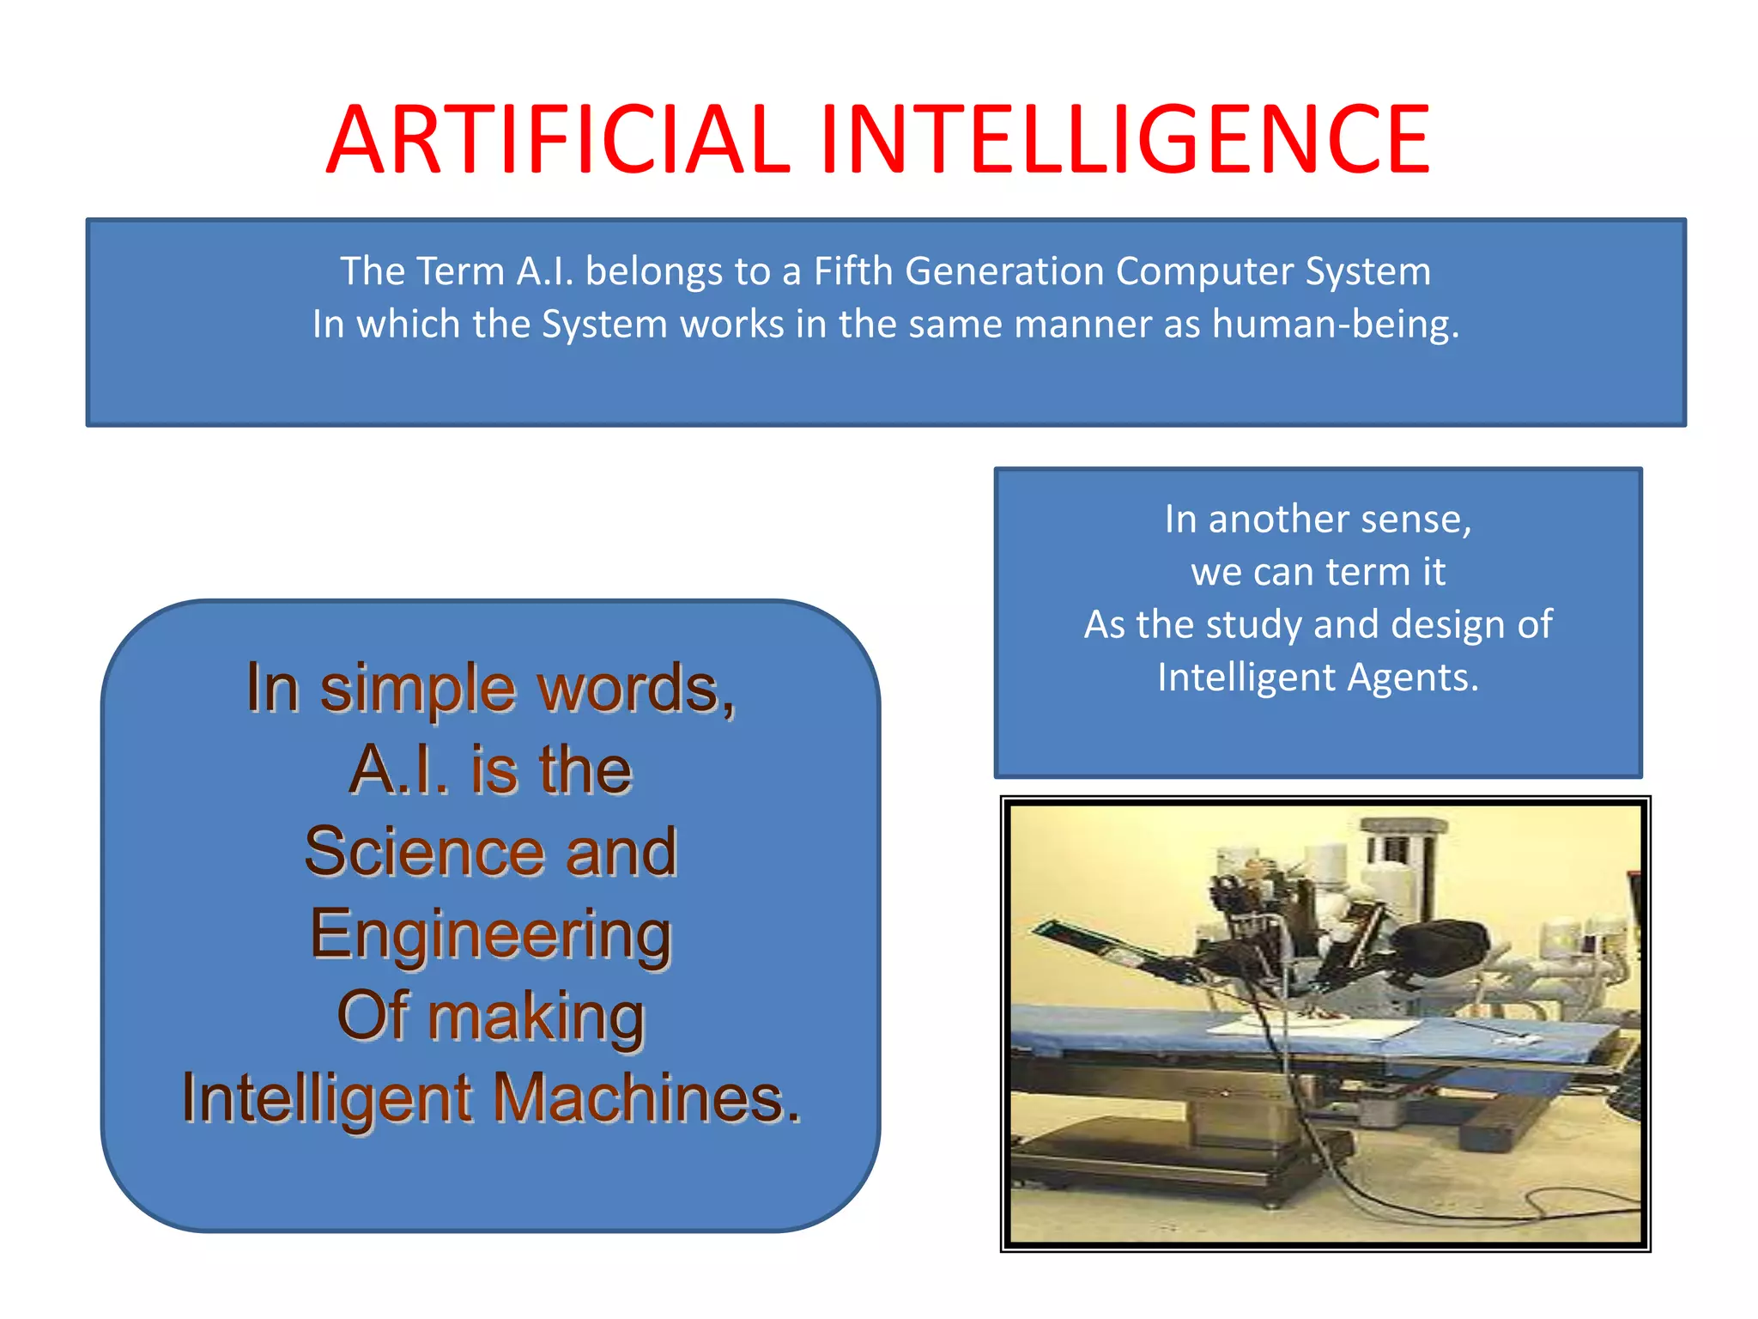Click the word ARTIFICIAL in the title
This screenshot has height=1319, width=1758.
(558, 140)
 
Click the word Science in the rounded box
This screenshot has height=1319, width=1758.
(426, 852)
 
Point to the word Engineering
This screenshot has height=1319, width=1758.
(490, 934)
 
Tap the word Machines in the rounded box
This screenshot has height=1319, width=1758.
(646, 1098)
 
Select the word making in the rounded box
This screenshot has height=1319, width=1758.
(536, 1017)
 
